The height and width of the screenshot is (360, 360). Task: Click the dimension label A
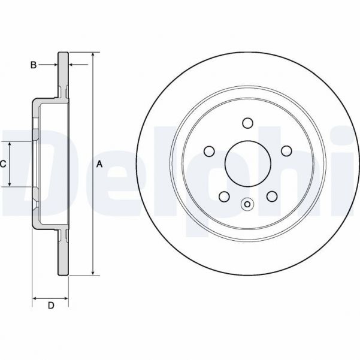click(x=100, y=164)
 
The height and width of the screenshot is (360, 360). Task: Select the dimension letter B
click(x=34, y=63)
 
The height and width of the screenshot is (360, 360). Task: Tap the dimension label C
click(x=3, y=164)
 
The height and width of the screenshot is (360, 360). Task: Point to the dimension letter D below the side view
click(x=51, y=306)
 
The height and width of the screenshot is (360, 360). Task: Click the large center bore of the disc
click(x=247, y=164)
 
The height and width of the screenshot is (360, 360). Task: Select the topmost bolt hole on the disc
click(x=247, y=123)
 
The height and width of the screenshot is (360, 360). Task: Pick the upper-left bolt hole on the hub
click(x=208, y=150)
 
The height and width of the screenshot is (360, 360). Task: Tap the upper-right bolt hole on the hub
click(x=286, y=150)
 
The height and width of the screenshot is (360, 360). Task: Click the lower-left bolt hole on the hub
click(x=223, y=196)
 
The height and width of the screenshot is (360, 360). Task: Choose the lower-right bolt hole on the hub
click(x=271, y=196)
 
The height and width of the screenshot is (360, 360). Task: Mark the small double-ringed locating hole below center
click(x=247, y=205)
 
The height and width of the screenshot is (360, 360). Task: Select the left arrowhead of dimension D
click(x=34, y=298)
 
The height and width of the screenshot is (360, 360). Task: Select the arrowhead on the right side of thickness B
click(x=72, y=63)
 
